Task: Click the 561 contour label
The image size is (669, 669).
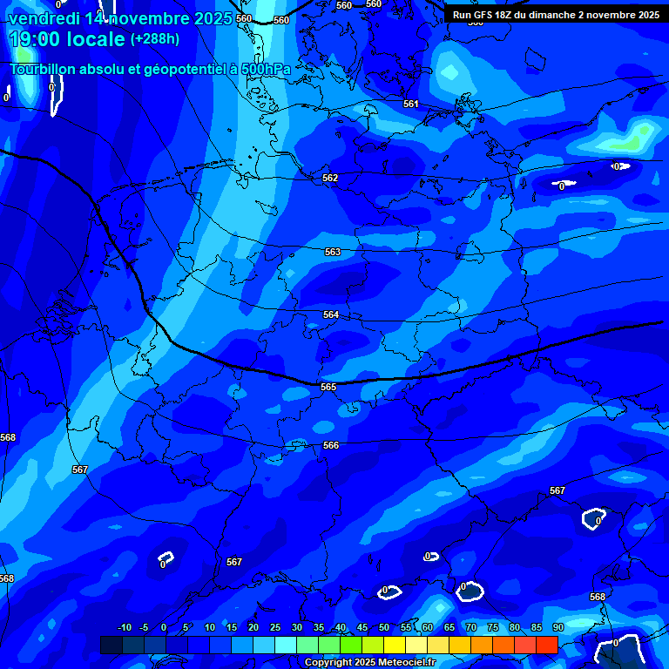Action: point(411,104)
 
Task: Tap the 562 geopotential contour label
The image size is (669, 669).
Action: point(330,178)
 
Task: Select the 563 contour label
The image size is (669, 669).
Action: point(333,252)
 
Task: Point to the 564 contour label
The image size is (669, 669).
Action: point(331,314)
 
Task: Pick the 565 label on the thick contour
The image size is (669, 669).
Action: point(328,387)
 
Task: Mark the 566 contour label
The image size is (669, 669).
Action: point(331,445)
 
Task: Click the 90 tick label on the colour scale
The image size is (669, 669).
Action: point(557,628)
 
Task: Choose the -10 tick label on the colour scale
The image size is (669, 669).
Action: point(125,628)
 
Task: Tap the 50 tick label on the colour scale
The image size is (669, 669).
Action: point(384,628)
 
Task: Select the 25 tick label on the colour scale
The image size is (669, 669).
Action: point(275,628)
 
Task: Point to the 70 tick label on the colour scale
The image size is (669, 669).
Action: point(471,628)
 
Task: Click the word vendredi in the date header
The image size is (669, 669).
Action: point(44,18)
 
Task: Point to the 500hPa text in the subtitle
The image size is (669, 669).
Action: point(262,68)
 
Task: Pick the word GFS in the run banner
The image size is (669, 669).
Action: point(484,15)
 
